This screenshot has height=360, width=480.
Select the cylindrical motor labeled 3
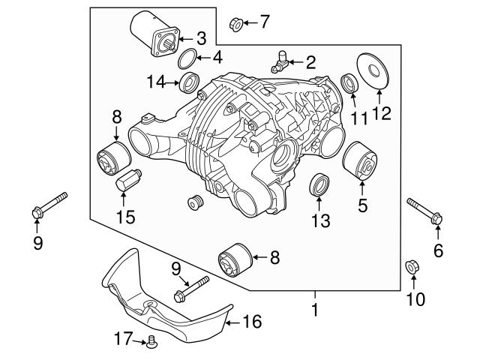pyautogui.click(x=154, y=34)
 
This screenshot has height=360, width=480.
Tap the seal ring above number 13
pyautogui.click(x=319, y=184)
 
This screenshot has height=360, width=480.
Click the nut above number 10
pyautogui.click(x=412, y=267)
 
